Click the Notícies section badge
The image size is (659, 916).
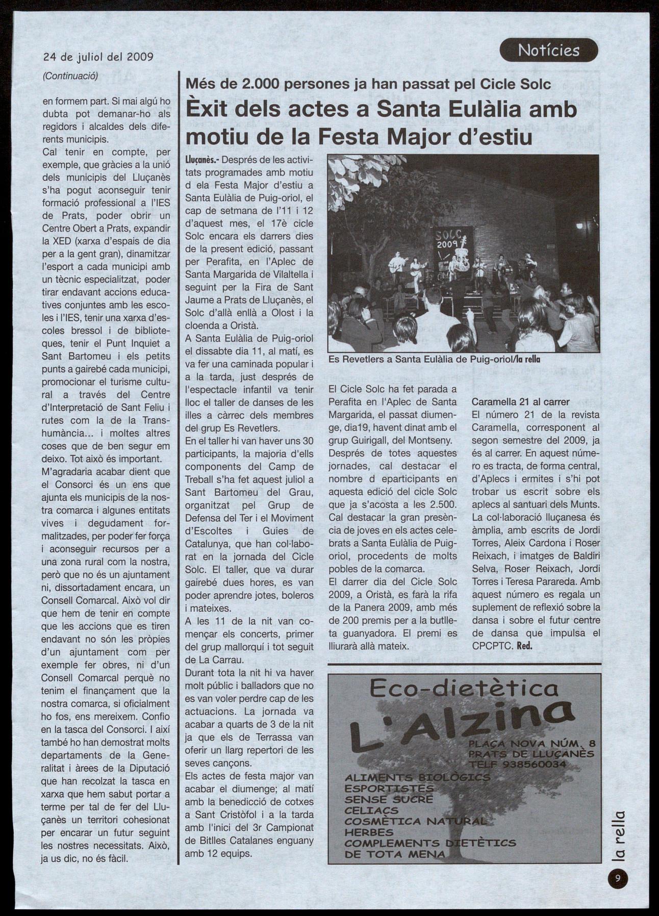(x=548, y=50)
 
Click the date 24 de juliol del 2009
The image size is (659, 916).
(x=98, y=57)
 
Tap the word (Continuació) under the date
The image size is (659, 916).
(x=70, y=75)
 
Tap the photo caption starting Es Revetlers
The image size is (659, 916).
(x=434, y=359)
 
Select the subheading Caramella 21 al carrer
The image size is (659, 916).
(x=520, y=402)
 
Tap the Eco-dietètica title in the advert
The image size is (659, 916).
(x=464, y=689)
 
